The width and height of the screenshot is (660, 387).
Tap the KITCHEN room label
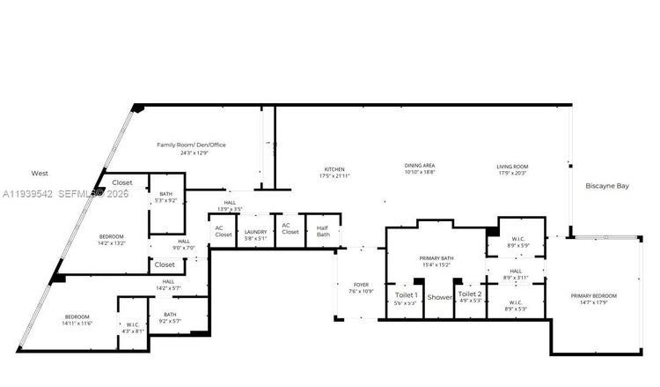(334, 168)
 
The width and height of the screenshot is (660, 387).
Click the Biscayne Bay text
(607, 186)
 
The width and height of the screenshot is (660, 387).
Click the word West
(40, 174)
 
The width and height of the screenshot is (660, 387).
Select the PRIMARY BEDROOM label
(593, 296)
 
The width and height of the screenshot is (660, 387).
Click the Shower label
(439, 297)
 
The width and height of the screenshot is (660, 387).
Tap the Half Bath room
(323, 231)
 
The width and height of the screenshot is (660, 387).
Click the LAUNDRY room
(255, 231)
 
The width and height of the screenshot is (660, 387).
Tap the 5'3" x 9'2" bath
(165, 200)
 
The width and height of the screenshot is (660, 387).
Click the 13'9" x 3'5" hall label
(230, 205)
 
